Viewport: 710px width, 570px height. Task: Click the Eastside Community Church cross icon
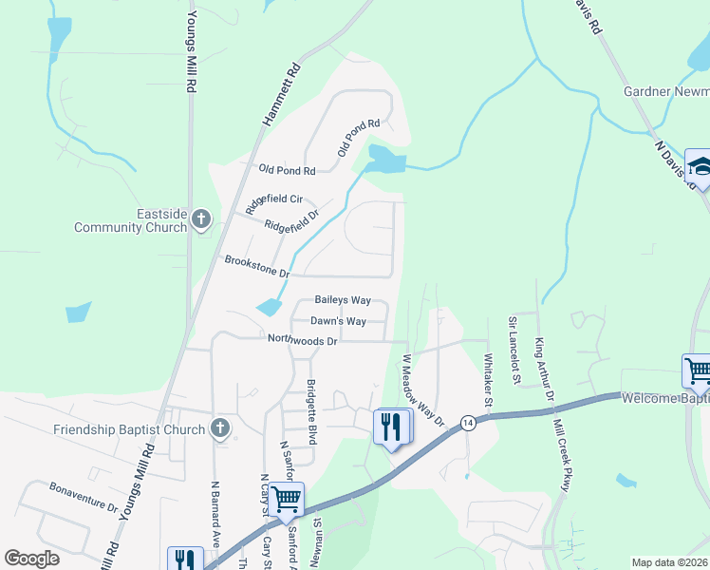(200, 219)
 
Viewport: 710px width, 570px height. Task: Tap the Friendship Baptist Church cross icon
(220, 428)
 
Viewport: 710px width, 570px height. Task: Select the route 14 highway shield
(468, 422)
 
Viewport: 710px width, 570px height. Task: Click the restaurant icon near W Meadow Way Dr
(391, 427)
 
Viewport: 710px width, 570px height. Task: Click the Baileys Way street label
(342, 300)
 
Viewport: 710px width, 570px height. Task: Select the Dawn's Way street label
(338, 321)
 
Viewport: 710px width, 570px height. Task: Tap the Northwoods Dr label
(302, 339)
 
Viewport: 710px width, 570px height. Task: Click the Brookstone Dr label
(256, 265)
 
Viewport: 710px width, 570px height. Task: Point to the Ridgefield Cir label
(273, 200)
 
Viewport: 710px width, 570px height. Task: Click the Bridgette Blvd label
(311, 411)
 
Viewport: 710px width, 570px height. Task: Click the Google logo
(32, 559)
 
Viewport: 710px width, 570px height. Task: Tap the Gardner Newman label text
(665, 91)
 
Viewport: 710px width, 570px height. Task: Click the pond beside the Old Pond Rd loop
(386, 160)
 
